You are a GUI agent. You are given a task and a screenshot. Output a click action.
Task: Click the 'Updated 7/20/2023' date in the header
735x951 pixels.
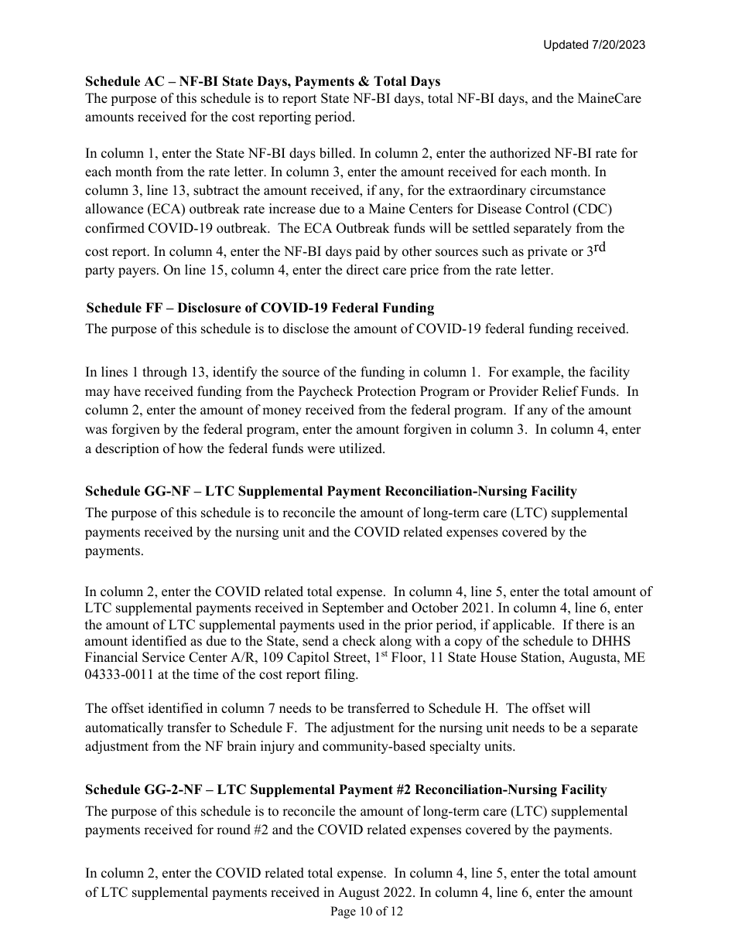pyautogui.click(x=593, y=45)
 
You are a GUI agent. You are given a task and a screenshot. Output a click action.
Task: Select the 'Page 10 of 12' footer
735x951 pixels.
pyautogui.click(x=367, y=912)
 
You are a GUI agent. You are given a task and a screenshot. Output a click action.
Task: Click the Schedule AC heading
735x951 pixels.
pyautogui.click(x=262, y=81)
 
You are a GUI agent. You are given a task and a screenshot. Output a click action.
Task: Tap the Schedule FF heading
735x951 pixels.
pyautogui.click(x=260, y=308)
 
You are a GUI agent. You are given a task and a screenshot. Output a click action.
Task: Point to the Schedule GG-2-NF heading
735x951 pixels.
pyautogui.click(x=345, y=789)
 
